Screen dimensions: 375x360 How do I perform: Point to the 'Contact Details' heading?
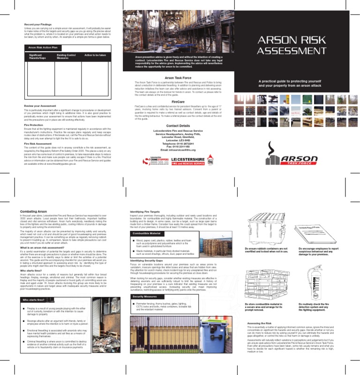[178, 126]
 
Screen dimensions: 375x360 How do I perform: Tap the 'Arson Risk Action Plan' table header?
[44, 47]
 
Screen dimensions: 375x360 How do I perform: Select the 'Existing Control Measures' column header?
[66, 56]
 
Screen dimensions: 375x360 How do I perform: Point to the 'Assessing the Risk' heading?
[260, 324]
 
